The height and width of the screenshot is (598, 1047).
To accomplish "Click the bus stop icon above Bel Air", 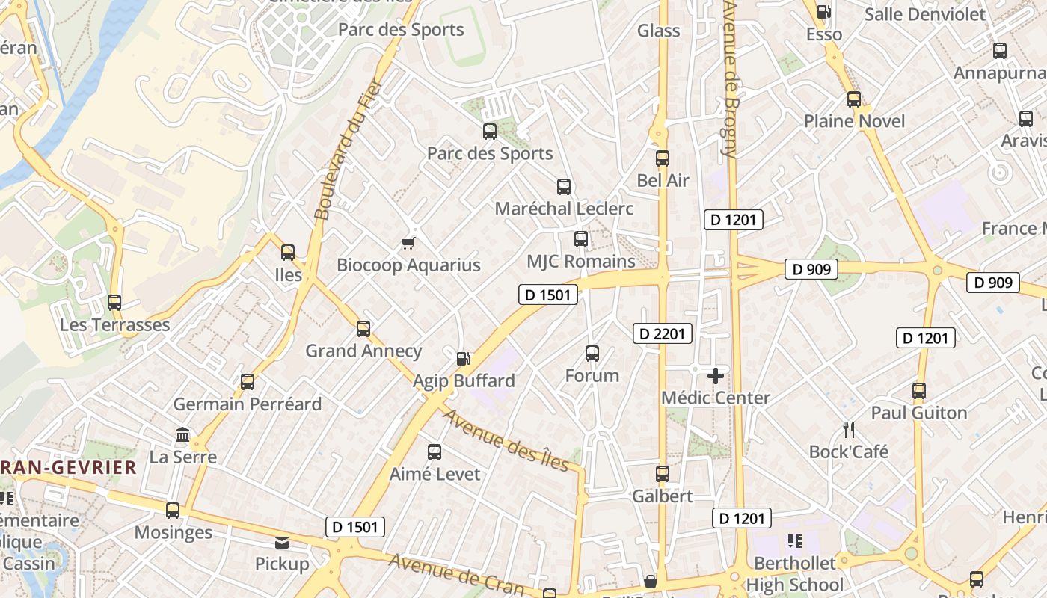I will (663, 158).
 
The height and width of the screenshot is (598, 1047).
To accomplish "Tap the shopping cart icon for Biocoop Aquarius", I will (408, 243).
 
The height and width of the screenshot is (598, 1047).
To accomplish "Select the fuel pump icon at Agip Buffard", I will (464, 359).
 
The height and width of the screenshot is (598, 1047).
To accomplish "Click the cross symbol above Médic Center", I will (716, 375).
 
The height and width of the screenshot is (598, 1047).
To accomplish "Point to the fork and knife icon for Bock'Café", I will (849, 429).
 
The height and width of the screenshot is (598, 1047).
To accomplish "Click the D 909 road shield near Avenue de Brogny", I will (811, 269).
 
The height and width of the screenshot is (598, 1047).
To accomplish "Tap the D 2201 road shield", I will (663, 333).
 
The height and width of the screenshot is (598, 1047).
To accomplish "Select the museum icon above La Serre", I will (182, 434).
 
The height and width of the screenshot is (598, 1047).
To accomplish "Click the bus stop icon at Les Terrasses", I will (114, 303).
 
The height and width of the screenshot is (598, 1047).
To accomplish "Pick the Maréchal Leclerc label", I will (564, 209).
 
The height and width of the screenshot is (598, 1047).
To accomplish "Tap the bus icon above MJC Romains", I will (581, 239).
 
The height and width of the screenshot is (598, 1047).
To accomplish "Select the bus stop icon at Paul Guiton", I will (919, 391).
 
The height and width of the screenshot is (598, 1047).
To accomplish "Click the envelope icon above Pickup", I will (282, 542).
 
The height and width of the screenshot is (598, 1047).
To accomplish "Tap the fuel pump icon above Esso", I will (824, 12).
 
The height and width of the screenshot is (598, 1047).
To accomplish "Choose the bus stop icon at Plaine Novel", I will (854, 99).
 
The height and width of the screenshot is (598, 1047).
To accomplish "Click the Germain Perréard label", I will (248, 404).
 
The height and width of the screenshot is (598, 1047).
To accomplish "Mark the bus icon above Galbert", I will (663, 474).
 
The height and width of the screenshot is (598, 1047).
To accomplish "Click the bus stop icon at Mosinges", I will (173, 511).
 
